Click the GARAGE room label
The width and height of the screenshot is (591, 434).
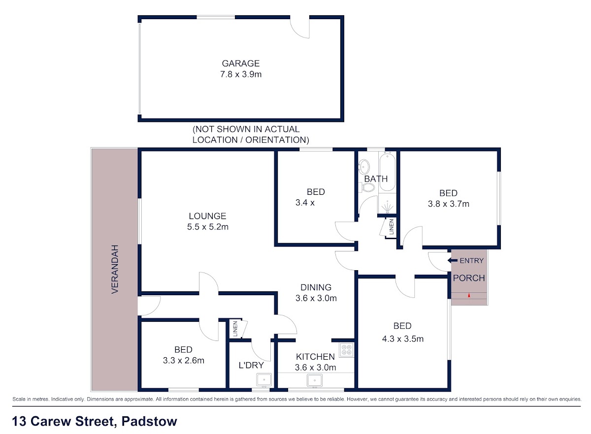241,63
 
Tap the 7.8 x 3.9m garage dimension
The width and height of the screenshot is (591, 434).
241,74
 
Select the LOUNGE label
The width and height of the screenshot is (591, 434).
207,216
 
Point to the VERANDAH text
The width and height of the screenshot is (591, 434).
115,269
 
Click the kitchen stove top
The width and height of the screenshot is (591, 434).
346,350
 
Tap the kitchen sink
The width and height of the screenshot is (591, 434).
315,381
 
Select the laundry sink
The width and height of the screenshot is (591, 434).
264,380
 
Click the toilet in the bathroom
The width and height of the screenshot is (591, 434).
368,188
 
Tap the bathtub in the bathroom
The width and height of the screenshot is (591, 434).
387,172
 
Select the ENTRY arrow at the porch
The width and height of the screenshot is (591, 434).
453,260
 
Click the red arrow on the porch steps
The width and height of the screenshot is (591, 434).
469,296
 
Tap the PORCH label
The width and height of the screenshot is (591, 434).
469,278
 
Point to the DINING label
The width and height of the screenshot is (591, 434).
316,287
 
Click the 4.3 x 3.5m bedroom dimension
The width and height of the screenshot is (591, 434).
403,339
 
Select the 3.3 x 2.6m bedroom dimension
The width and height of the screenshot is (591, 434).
183,360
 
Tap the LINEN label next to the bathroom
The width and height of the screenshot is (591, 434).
392,227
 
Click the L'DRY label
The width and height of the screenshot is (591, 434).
251,365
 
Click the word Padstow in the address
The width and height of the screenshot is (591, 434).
149,421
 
